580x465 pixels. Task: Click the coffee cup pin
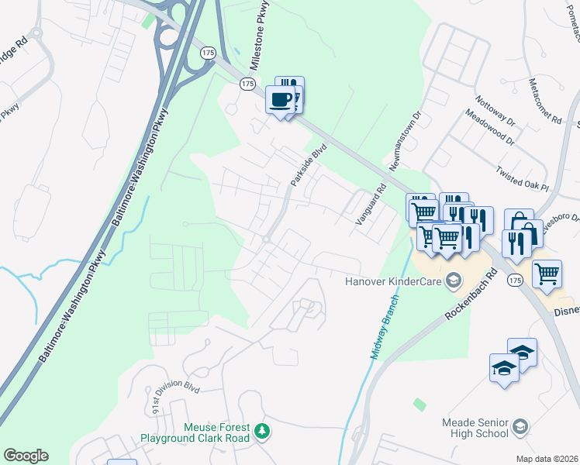click(281, 99)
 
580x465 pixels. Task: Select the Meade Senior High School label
click(474, 428)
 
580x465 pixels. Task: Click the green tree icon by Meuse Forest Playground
click(263, 430)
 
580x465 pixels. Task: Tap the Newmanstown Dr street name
click(406, 143)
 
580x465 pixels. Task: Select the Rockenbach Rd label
click(470, 298)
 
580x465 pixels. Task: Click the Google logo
click(26, 456)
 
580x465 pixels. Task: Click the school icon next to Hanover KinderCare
click(453, 281)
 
